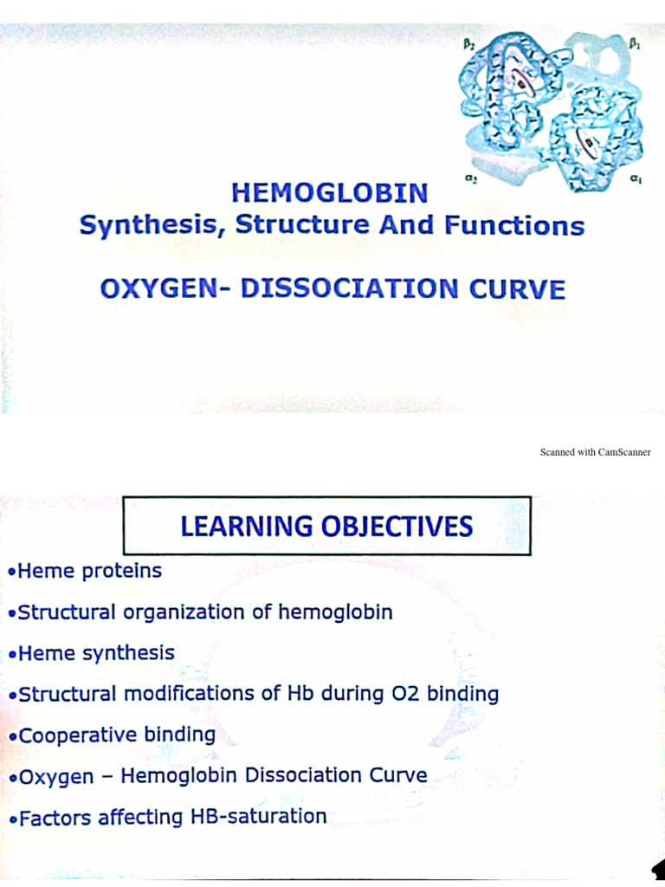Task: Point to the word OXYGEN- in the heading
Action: click(x=164, y=288)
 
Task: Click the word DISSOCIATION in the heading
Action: click(x=349, y=288)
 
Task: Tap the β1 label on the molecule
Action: click(x=634, y=42)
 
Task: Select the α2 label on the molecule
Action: click(x=471, y=179)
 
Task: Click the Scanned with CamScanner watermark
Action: click(x=595, y=452)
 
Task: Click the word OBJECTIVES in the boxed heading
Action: click(x=404, y=526)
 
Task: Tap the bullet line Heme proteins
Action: click(x=86, y=572)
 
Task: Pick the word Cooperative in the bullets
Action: click(x=78, y=735)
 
